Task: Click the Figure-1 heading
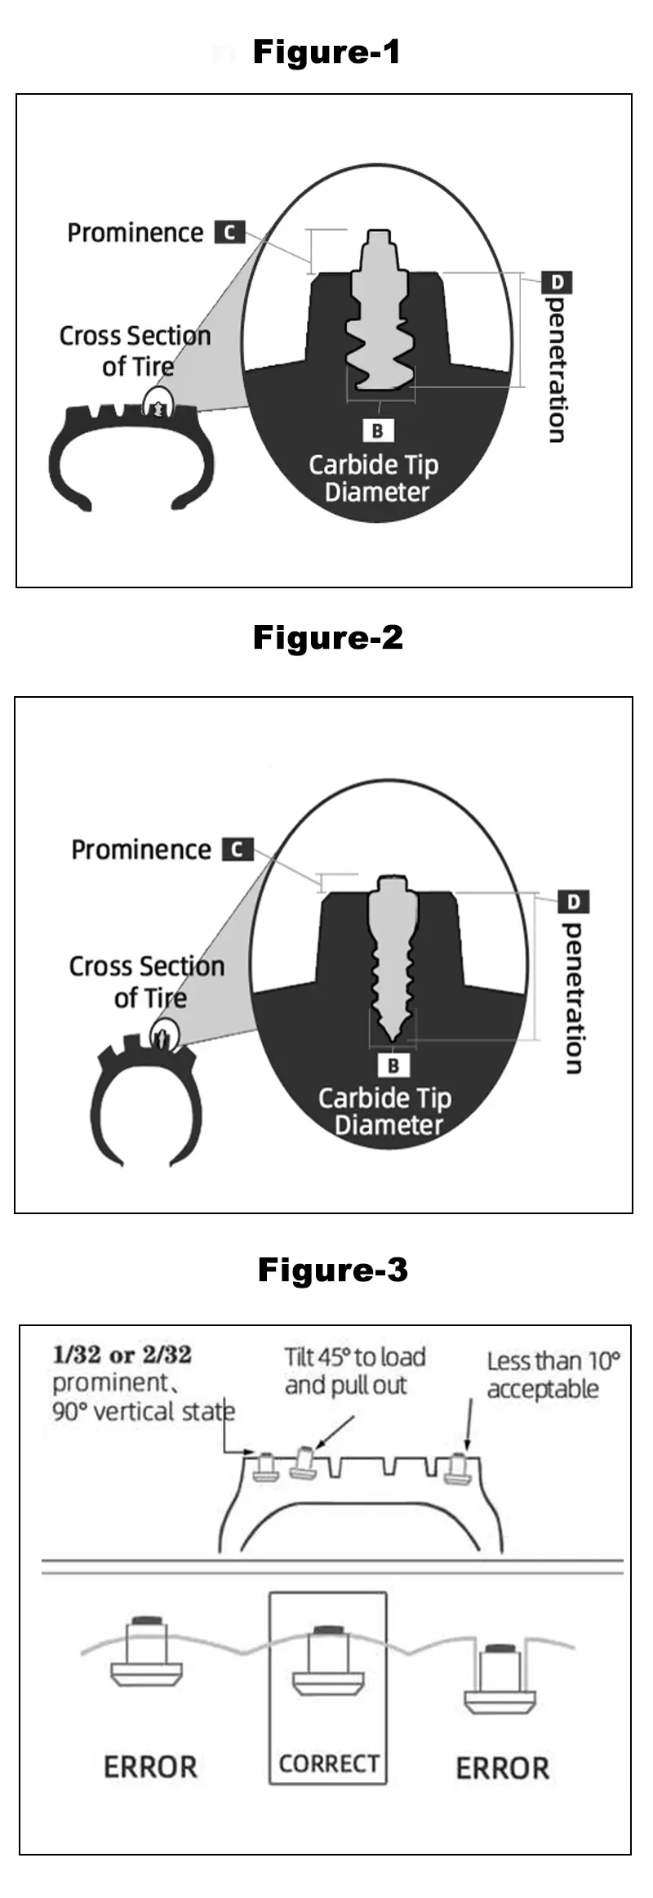pos(326,52)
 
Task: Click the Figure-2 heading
pos(328,637)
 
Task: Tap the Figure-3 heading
pos(332,1270)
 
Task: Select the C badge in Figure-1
pos(229,232)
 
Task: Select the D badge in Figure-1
pos(557,283)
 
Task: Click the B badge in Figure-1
pos(377,431)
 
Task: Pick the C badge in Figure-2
pos(238,849)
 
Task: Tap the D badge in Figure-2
pos(574,902)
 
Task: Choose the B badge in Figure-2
pos(393,1065)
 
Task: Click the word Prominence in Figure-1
pos(135,233)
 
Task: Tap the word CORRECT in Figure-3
pos(328,1764)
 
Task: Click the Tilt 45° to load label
pos(354,1358)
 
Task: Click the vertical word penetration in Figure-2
pos(574,998)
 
